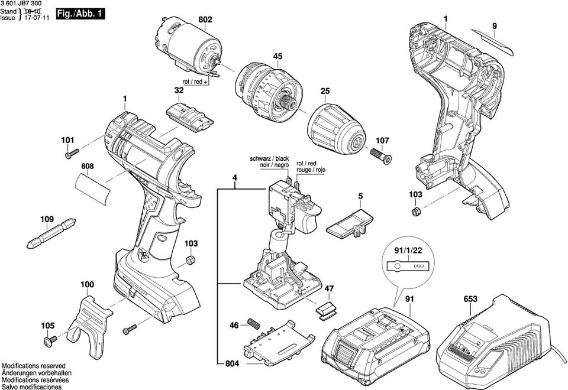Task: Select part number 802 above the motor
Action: [x=205, y=19]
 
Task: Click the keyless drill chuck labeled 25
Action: [x=336, y=126]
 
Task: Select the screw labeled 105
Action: [x=48, y=340]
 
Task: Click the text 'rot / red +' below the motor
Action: [x=195, y=83]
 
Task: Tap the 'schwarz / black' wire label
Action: [x=269, y=159]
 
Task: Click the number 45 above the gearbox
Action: [x=277, y=57]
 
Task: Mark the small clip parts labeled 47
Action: [x=327, y=310]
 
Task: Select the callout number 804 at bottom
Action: [x=232, y=364]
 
